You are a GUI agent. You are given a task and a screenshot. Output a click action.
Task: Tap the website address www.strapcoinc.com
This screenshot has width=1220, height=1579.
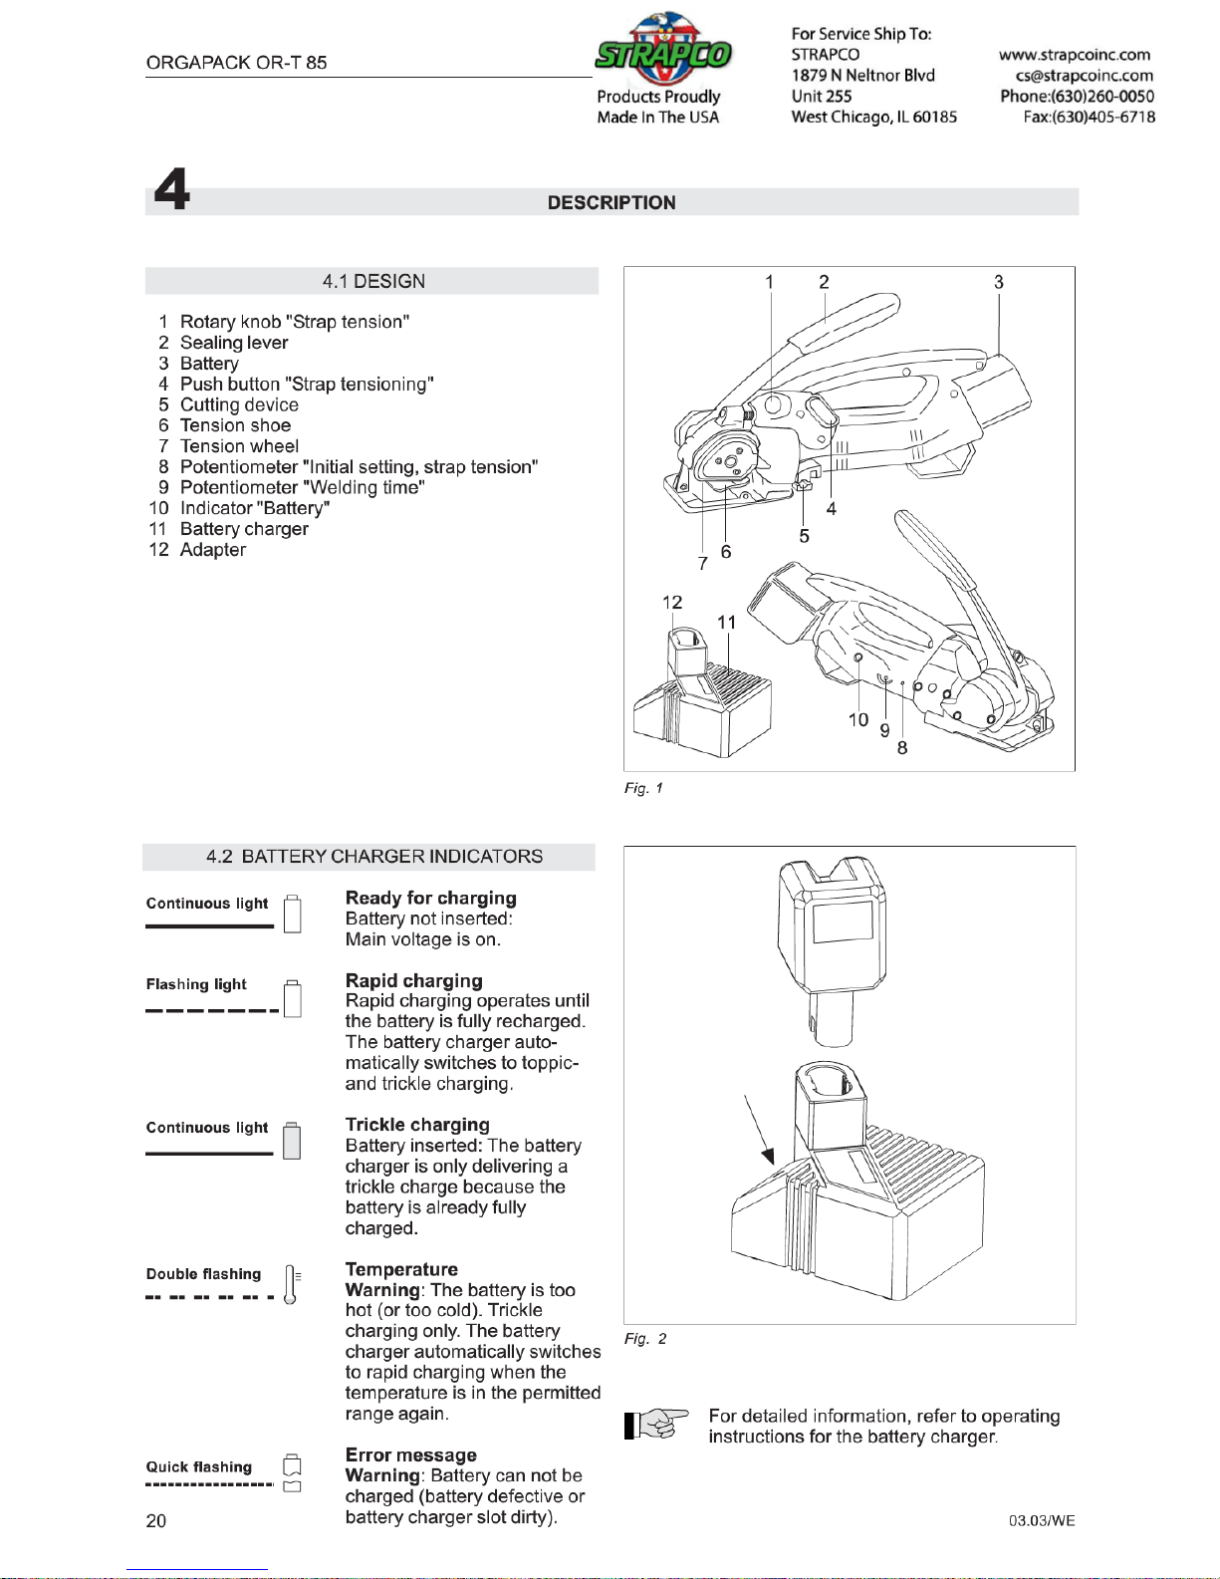pyautogui.click(x=1074, y=55)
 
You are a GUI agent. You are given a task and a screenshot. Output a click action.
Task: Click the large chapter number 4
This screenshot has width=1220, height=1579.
pyautogui.click(x=172, y=189)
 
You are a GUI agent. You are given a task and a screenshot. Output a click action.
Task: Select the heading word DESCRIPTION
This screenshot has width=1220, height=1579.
pyautogui.click(x=611, y=203)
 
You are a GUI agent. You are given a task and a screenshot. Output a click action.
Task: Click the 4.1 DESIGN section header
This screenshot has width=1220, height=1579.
pyautogui.click(x=373, y=281)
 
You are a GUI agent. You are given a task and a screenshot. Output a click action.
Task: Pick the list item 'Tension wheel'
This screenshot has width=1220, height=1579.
pyautogui.click(x=239, y=446)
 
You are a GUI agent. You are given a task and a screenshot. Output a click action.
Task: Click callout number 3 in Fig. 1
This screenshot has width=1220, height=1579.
pyautogui.click(x=999, y=282)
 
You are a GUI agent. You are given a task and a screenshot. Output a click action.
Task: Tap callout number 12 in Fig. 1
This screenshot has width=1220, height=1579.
pyautogui.click(x=671, y=603)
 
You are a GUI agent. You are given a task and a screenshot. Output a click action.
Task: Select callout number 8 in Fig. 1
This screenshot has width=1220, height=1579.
pyautogui.click(x=902, y=748)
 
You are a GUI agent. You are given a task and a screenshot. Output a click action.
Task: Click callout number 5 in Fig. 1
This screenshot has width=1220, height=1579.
pyautogui.click(x=804, y=536)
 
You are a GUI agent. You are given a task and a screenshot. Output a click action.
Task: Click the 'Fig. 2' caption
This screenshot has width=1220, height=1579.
pyautogui.click(x=645, y=1339)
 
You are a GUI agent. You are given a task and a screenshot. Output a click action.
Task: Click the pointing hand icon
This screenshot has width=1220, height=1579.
pyautogui.click(x=656, y=1425)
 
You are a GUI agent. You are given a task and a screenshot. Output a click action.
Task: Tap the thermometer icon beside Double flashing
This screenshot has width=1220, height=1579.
pyautogui.click(x=291, y=1285)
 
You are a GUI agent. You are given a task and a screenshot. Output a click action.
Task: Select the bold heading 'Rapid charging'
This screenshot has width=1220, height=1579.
pyautogui.click(x=414, y=981)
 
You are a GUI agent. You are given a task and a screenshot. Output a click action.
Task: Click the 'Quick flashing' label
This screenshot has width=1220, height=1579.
pyautogui.click(x=199, y=1466)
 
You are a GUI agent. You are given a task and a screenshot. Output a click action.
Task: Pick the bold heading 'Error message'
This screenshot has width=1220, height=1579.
pyautogui.click(x=411, y=1454)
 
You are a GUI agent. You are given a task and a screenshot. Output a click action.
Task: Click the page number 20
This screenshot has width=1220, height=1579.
pyautogui.click(x=156, y=1521)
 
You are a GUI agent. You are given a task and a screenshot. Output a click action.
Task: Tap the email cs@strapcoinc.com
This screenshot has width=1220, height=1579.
pyautogui.click(x=1085, y=76)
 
